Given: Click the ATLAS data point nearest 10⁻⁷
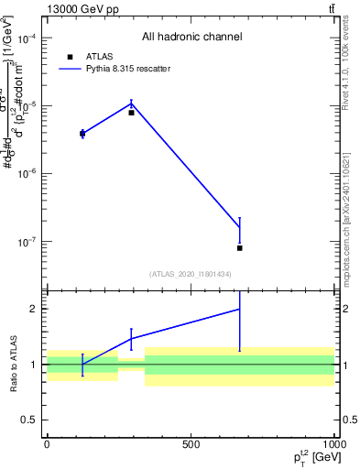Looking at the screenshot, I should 239,248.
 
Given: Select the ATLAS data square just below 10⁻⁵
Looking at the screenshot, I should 132,113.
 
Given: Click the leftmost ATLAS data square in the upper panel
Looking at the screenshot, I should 82,134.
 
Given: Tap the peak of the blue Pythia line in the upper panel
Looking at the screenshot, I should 132,103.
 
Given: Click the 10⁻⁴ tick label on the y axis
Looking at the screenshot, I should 26,38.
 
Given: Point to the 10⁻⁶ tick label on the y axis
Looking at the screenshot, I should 26,174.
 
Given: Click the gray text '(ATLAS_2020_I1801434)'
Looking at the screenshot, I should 191,274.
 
